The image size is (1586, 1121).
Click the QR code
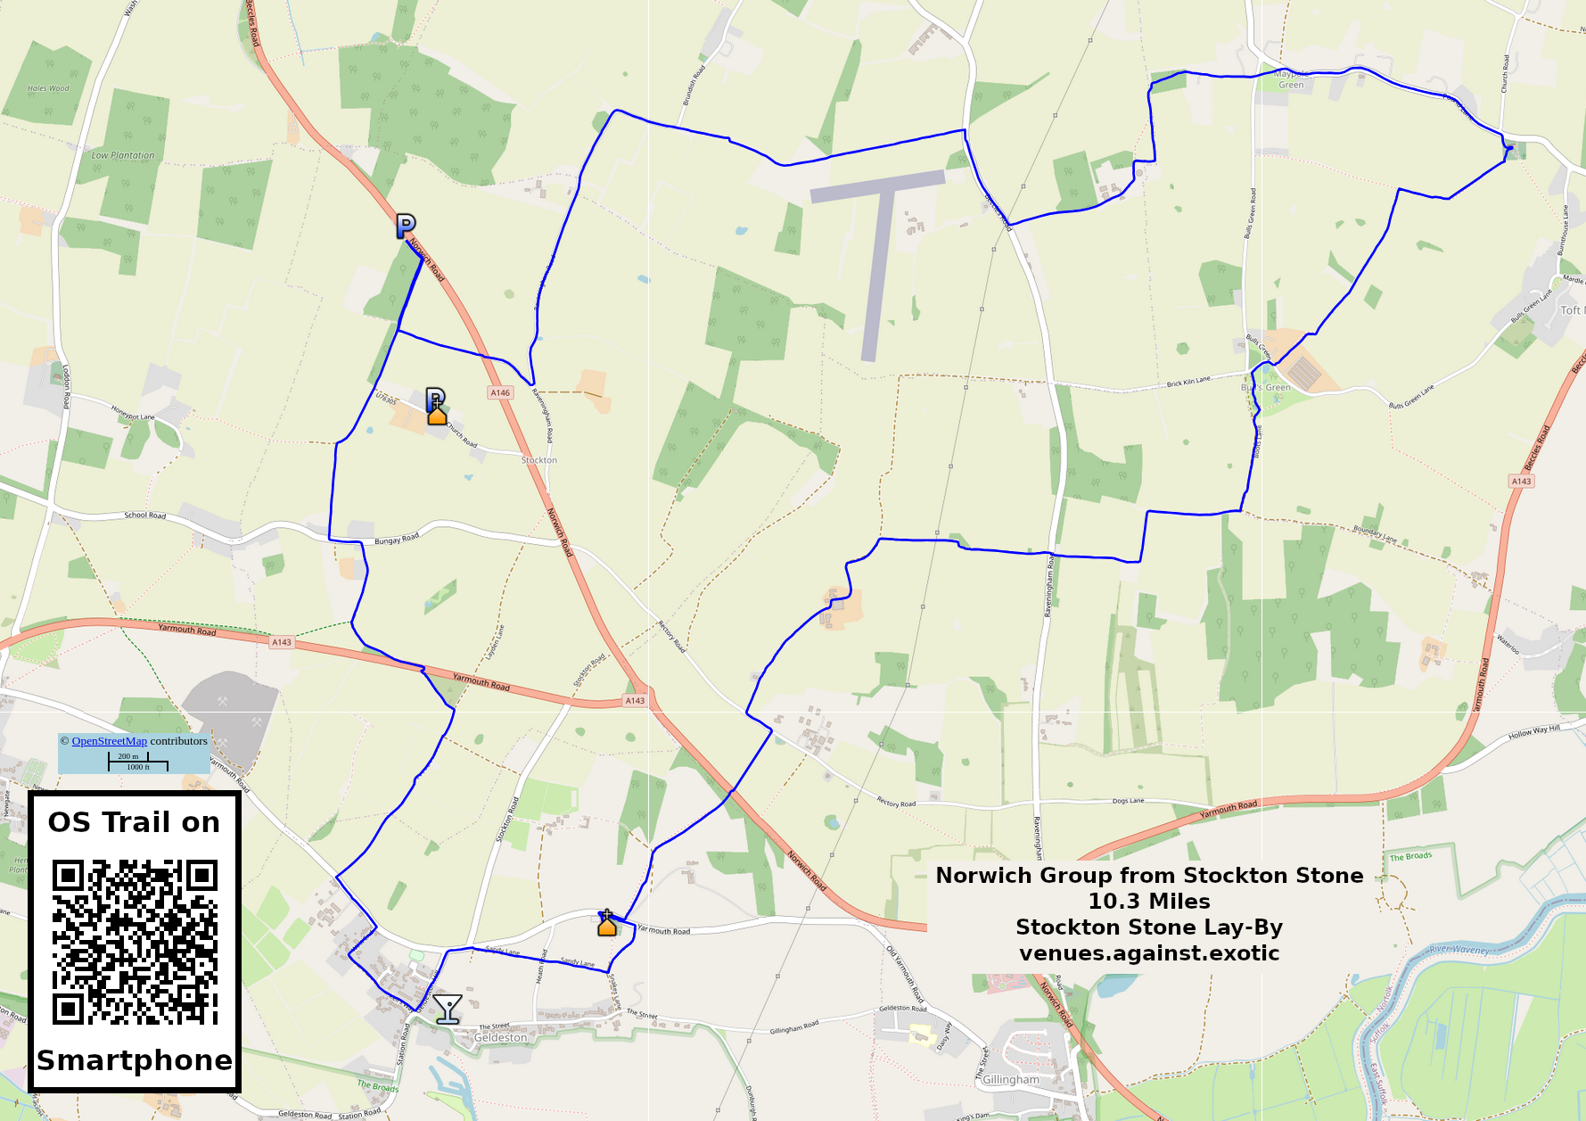click(135, 942)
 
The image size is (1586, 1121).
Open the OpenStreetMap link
click(109, 741)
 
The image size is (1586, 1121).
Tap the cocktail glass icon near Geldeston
click(447, 1010)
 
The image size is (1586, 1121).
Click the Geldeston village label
click(500, 1038)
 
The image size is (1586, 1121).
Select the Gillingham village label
click(1010, 1080)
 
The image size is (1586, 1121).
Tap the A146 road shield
click(500, 392)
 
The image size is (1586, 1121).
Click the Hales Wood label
click(48, 88)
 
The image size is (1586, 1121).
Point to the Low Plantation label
click(123, 155)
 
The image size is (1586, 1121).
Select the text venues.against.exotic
click(1149, 953)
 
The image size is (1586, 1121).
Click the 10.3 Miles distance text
click(1149, 902)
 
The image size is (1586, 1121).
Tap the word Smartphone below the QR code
click(135, 1060)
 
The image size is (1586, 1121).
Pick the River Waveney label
click(1459, 950)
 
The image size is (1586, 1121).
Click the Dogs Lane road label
click(1128, 801)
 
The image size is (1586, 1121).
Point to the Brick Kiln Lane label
click(1188, 383)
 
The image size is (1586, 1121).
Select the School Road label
click(144, 515)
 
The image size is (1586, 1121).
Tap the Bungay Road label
click(397, 540)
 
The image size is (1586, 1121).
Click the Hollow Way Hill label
click(1533, 734)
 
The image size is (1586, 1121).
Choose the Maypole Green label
click(1291, 79)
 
